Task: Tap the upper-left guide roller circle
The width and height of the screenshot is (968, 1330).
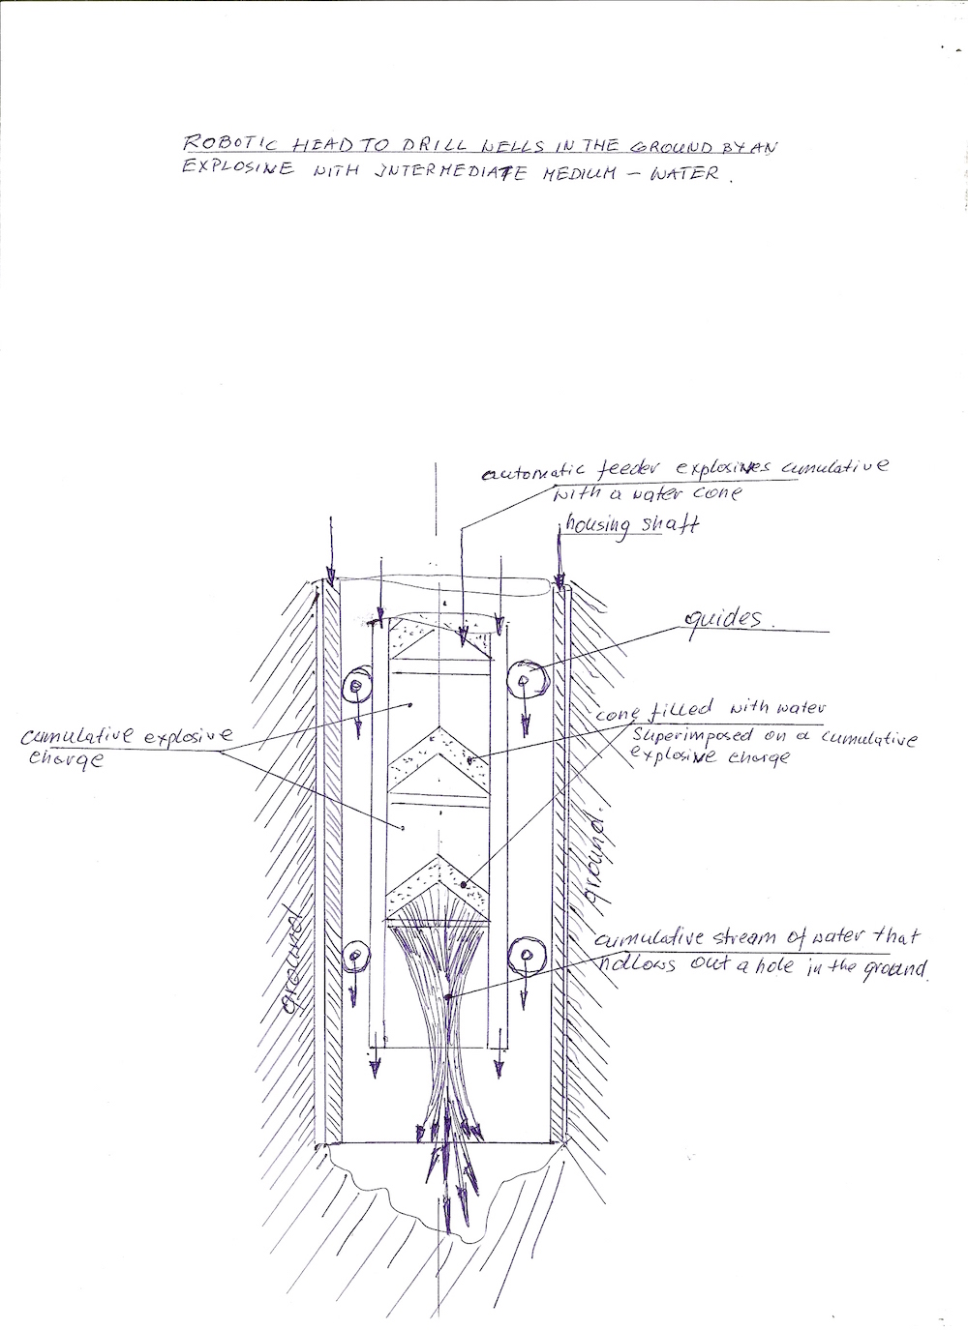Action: point(356,685)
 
